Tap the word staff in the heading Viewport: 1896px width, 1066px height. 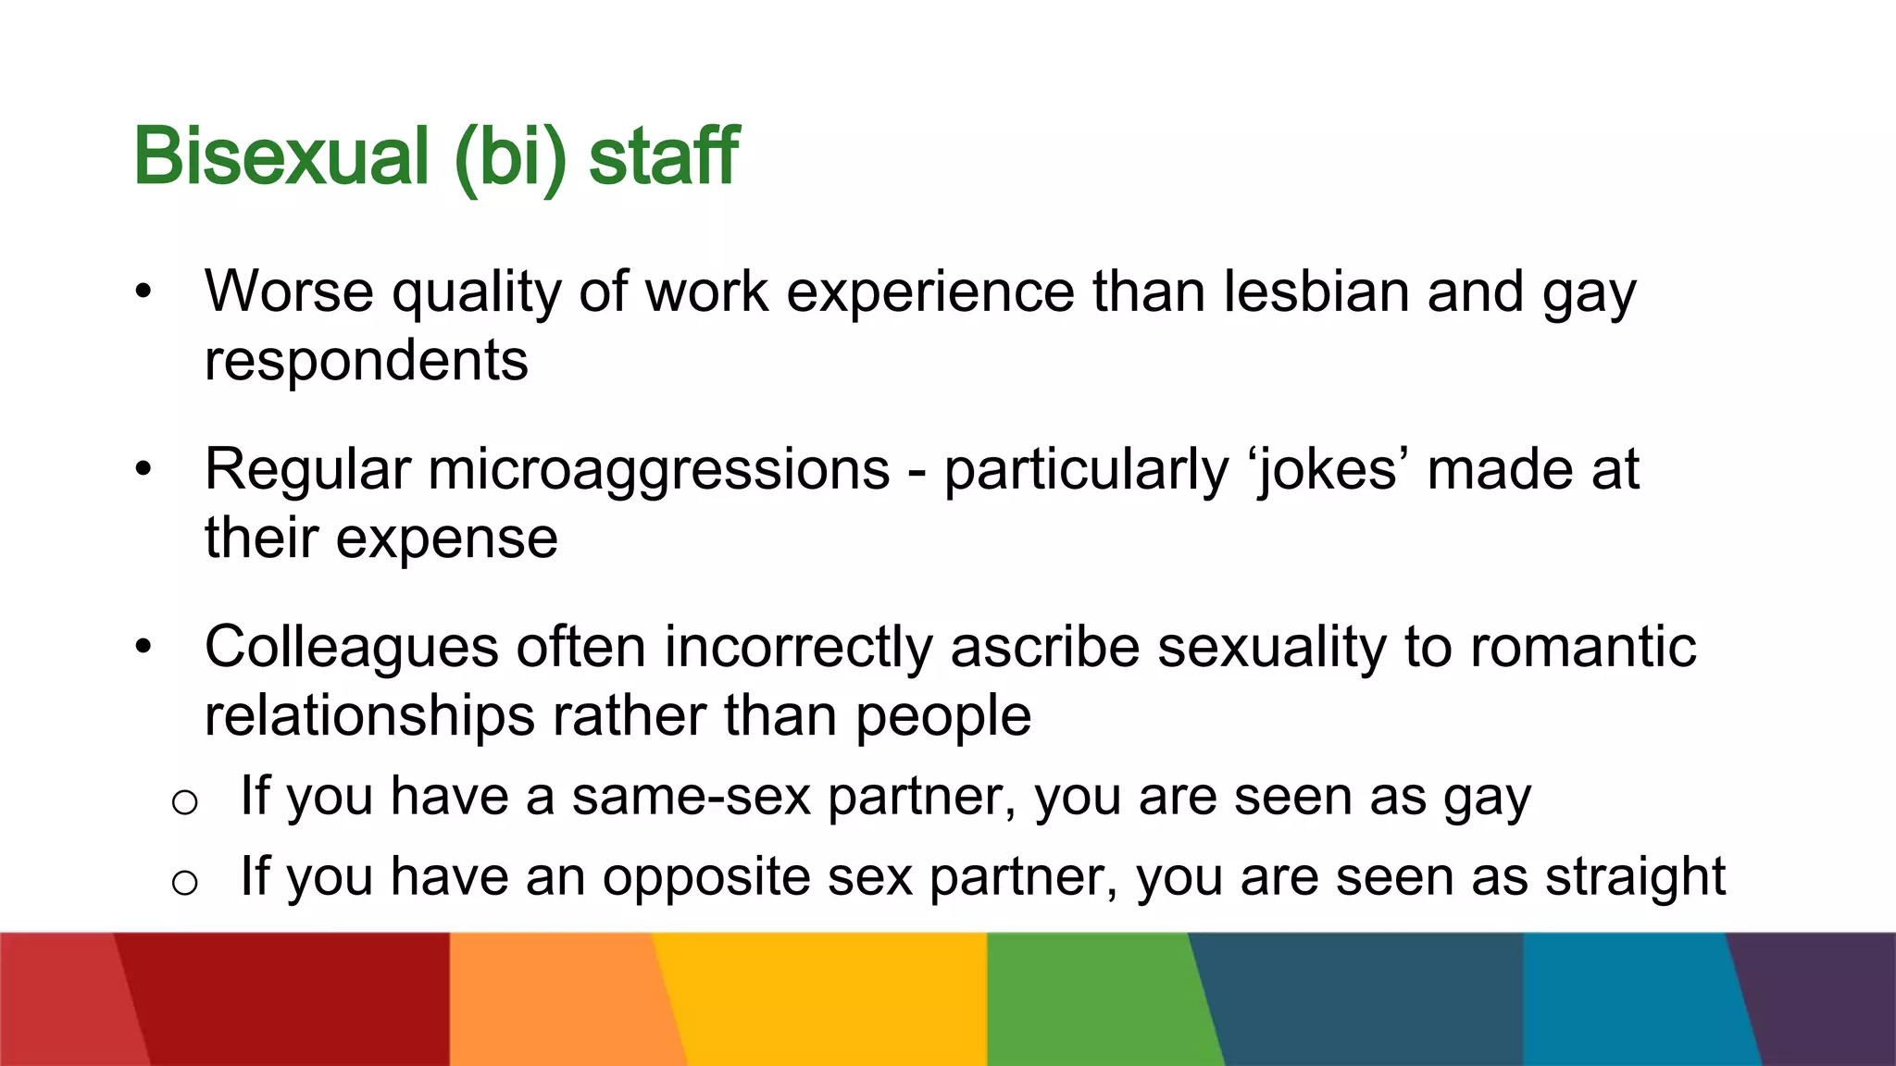tap(663, 157)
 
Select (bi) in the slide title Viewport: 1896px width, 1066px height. tap(510, 159)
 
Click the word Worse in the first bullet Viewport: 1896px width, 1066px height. tap(289, 291)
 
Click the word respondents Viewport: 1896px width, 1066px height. tap(366, 361)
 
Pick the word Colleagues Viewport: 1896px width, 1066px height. tap(351, 648)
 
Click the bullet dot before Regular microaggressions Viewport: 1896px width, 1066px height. tap(143, 469)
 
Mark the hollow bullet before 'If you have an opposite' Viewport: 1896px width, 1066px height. tap(185, 883)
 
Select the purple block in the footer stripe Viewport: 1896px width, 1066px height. tap(1824, 999)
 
